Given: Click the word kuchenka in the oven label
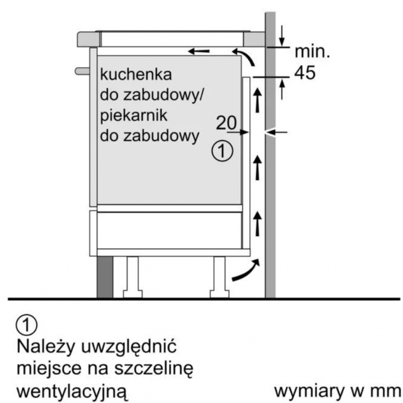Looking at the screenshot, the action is [136, 75].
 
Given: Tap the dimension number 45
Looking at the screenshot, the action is [305, 73].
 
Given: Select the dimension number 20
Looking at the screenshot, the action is [226, 123].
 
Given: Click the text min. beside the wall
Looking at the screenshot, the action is [312, 52].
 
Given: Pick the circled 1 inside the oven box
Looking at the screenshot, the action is [222, 151].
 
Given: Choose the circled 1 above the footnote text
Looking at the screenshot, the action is [27, 325].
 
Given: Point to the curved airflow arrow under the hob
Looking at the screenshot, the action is [245, 56].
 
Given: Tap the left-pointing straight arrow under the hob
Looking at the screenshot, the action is [199, 51].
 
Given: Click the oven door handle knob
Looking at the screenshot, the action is [82, 71].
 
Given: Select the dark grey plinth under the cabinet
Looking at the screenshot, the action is [105, 277].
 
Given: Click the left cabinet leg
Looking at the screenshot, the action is [133, 277].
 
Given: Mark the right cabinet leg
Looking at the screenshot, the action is [220, 277].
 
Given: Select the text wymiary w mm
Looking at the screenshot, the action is [337, 391].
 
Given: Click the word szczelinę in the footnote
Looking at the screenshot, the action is [154, 369].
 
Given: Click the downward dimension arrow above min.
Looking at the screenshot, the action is [282, 36].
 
